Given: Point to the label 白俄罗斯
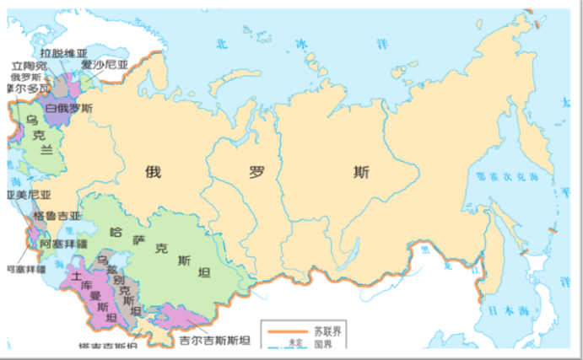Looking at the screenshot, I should point(70,108).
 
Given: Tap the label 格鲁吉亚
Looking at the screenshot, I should point(57,216).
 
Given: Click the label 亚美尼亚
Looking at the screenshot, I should point(24,196).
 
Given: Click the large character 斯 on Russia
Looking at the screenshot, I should point(361,173).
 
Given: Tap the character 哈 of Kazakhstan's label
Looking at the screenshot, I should point(116,230).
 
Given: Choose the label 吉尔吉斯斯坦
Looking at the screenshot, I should point(215,341).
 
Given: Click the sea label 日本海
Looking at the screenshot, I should point(505,309).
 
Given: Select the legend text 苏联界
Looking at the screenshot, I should point(328,329).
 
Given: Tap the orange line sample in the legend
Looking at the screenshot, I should point(283,329).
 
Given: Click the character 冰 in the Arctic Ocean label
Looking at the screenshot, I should point(300,42).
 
